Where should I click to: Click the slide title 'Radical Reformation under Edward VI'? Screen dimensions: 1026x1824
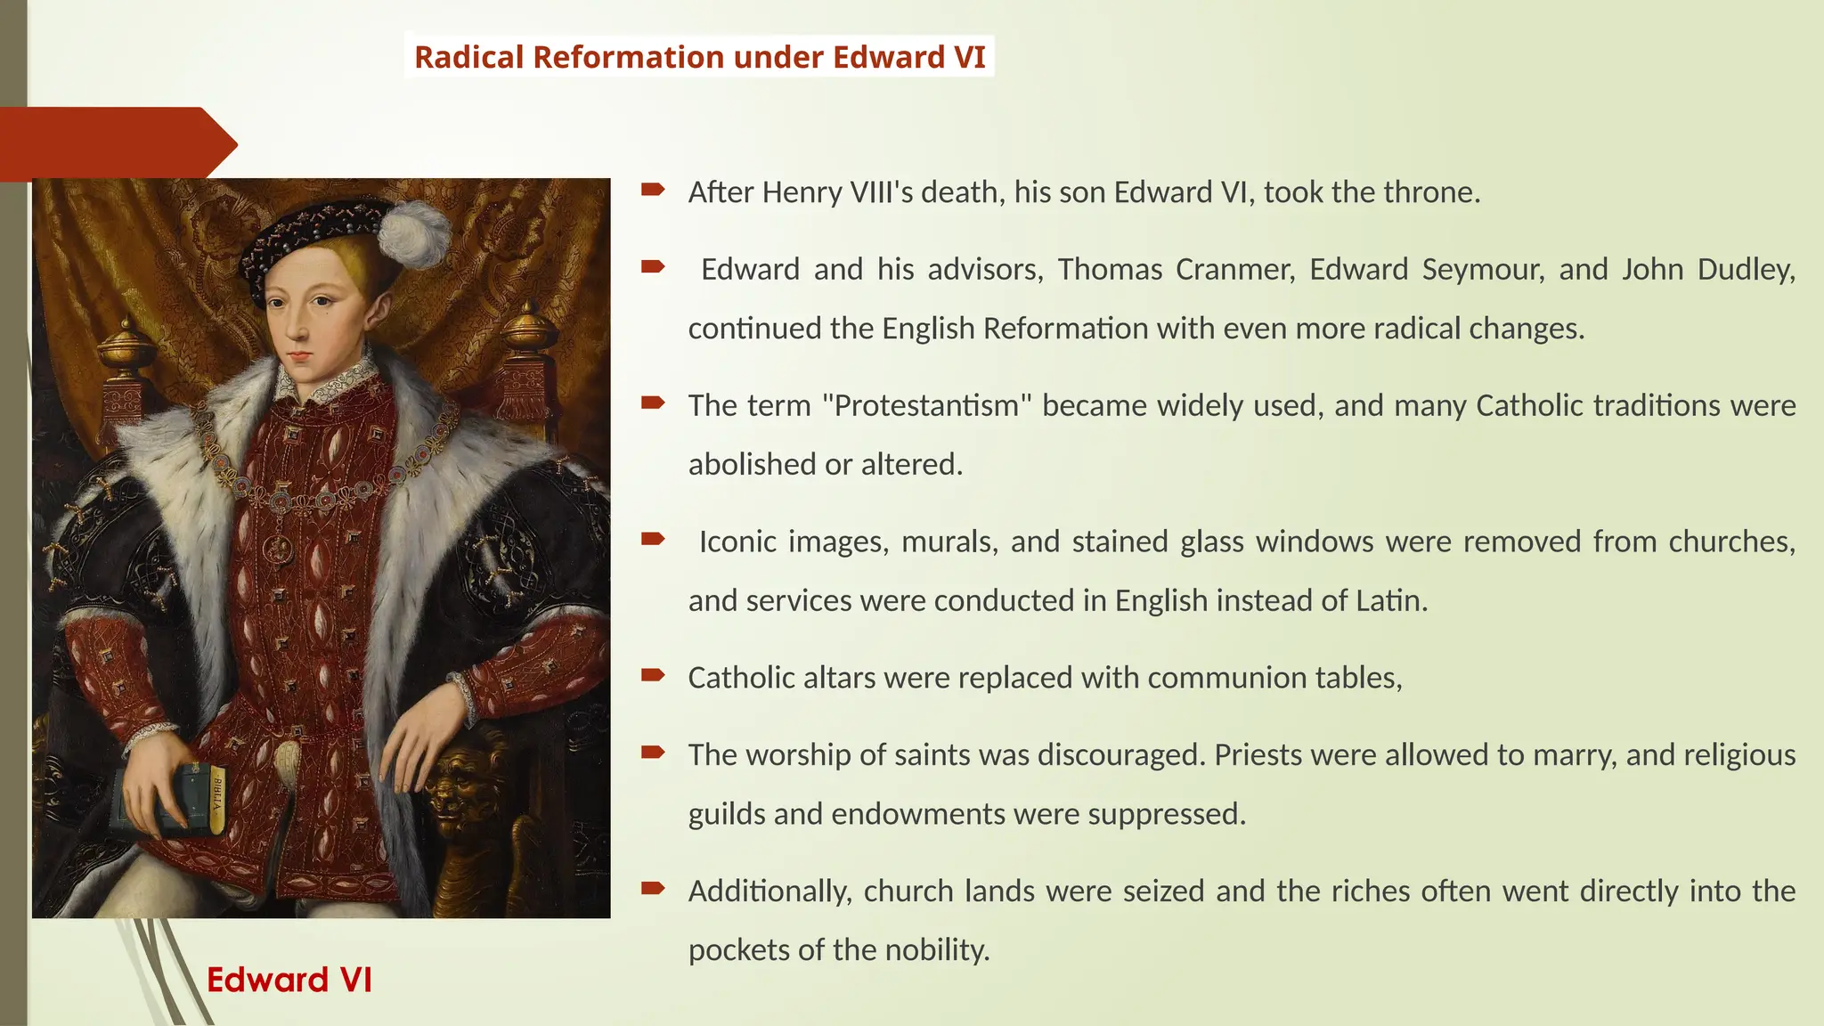(x=700, y=57)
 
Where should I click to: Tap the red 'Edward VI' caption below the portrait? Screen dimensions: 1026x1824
(x=289, y=980)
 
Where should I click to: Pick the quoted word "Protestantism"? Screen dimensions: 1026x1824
(x=926, y=405)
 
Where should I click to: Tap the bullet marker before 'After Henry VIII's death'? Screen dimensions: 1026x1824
(x=653, y=189)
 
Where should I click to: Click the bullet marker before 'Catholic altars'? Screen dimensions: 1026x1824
(x=653, y=675)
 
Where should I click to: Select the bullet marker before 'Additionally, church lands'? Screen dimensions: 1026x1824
(x=653, y=888)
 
